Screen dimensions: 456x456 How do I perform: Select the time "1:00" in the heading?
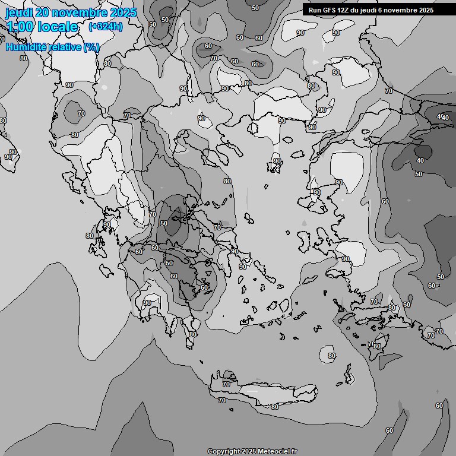(20, 27)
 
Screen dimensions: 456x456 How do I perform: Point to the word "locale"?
(58, 27)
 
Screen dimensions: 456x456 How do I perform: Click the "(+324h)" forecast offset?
(105, 27)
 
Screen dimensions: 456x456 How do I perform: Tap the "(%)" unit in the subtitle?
(91, 47)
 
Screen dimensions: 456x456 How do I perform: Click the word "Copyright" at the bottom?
(224, 451)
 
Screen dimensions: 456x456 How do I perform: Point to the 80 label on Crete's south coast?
(274, 407)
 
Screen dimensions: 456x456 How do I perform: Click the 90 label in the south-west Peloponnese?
(147, 303)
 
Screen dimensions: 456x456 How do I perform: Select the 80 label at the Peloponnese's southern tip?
(192, 334)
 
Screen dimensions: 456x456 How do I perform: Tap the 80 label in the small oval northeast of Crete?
(331, 356)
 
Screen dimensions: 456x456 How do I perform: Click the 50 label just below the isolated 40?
(419, 174)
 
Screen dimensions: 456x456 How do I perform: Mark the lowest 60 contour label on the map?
(389, 430)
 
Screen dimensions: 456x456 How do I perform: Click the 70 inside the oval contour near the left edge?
(81, 113)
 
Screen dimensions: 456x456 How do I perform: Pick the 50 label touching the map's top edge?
(255, 8)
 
